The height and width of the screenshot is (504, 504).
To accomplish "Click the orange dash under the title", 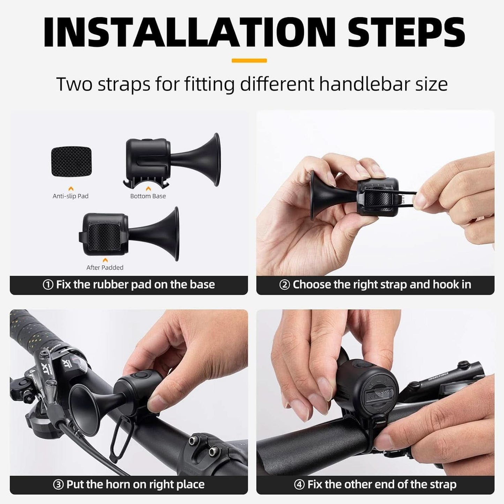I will tap(249, 61).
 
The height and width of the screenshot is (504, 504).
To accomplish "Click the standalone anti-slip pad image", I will tap(71, 161).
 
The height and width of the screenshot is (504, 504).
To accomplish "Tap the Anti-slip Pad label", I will tap(70, 196).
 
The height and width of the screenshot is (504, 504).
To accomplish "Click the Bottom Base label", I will tap(148, 196).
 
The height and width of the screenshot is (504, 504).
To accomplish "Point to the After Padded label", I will tap(105, 268).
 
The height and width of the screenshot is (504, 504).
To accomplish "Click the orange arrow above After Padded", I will tap(105, 260).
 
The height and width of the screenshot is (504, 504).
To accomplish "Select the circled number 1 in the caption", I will tap(48, 285).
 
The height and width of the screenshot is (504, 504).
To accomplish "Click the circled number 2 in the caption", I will tap(284, 285).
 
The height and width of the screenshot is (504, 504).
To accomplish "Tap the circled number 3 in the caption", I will tap(58, 485).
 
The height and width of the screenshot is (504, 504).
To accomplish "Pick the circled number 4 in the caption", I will tap(299, 485).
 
